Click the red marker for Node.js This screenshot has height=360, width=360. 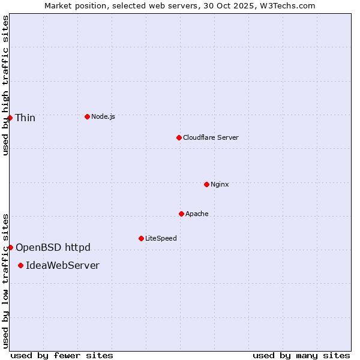pyautogui.click(x=87, y=116)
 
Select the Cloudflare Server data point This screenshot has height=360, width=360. pyautogui.click(x=179, y=137)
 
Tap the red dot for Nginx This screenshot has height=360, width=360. pyautogui.click(x=206, y=184)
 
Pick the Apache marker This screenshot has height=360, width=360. pyautogui.click(x=181, y=214)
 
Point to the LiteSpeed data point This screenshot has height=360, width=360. pyautogui.click(x=141, y=238)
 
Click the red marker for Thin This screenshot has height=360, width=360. pyautogui.click(x=10, y=118)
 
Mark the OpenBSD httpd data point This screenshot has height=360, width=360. pyautogui.click(x=10, y=247)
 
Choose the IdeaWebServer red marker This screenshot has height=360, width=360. pyautogui.click(x=20, y=265)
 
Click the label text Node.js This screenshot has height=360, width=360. pyautogui.click(x=103, y=116)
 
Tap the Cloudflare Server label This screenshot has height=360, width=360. pyautogui.click(x=211, y=137)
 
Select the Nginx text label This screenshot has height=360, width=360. pyautogui.click(x=220, y=184)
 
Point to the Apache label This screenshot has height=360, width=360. pyautogui.click(x=197, y=214)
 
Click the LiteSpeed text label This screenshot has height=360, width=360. pyautogui.click(x=161, y=238)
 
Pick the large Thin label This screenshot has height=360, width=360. pyautogui.click(x=25, y=118)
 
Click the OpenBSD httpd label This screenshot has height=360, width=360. pyautogui.click(x=53, y=247)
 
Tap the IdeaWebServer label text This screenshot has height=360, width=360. pyautogui.click(x=62, y=265)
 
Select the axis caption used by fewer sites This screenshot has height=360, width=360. pyautogui.click(x=62, y=355)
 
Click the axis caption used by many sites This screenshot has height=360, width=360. pyautogui.click(x=301, y=355)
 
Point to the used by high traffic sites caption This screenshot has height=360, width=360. pyautogui.click(x=5, y=85)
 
